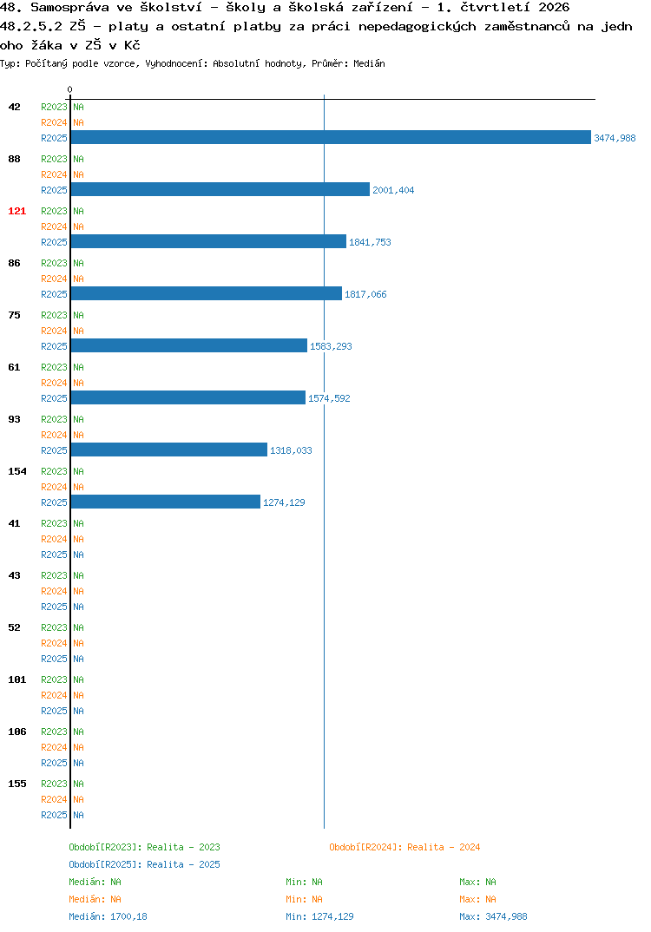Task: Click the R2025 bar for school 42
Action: [x=331, y=137]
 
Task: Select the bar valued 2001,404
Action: [x=220, y=189]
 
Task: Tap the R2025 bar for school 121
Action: [x=208, y=241]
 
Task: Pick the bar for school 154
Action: [x=165, y=502]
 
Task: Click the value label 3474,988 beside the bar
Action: [x=615, y=138]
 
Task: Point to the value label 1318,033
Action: [x=291, y=450]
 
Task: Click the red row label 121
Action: [x=16, y=211]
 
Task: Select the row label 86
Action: [x=14, y=263]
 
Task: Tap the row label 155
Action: [x=16, y=784]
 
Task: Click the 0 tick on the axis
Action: [x=69, y=89]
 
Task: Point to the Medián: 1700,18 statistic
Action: [x=108, y=916]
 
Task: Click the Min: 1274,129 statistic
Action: [x=319, y=916]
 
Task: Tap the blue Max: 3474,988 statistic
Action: [x=493, y=916]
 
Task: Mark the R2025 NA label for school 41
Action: [x=78, y=555]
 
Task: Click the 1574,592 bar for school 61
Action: [x=187, y=397]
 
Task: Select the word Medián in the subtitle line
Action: [x=369, y=63]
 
